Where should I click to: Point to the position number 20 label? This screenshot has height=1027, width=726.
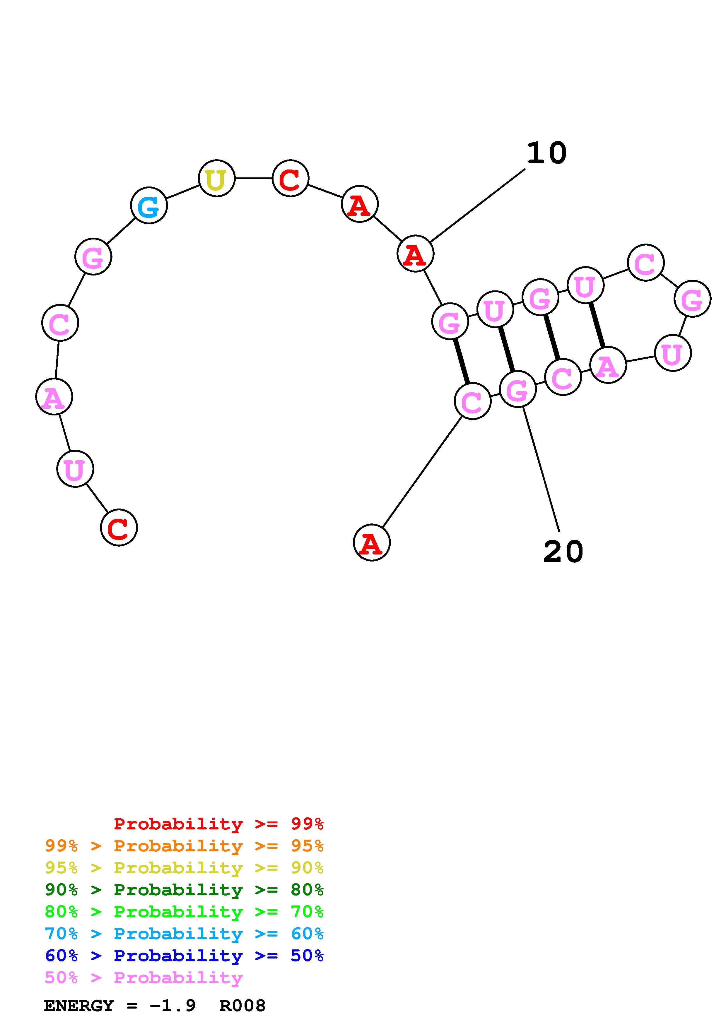coord(563,552)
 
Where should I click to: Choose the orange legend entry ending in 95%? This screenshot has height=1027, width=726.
coord(184,846)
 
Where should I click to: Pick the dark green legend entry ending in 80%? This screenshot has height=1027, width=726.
coord(184,890)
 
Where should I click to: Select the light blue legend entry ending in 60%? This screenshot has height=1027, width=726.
coord(184,934)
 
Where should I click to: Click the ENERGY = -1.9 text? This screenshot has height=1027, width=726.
coord(120,1006)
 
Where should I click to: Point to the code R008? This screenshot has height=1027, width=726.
coord(242,1006)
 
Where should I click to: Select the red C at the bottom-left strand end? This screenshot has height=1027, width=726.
coord(119,528)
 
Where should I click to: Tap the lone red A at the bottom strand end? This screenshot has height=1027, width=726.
coord(371,542)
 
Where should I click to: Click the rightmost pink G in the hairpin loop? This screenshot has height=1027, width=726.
coord(692,299)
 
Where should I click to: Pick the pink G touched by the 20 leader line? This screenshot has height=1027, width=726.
coord(517,390)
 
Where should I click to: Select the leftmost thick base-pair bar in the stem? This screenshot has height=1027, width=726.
coord(461,361)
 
